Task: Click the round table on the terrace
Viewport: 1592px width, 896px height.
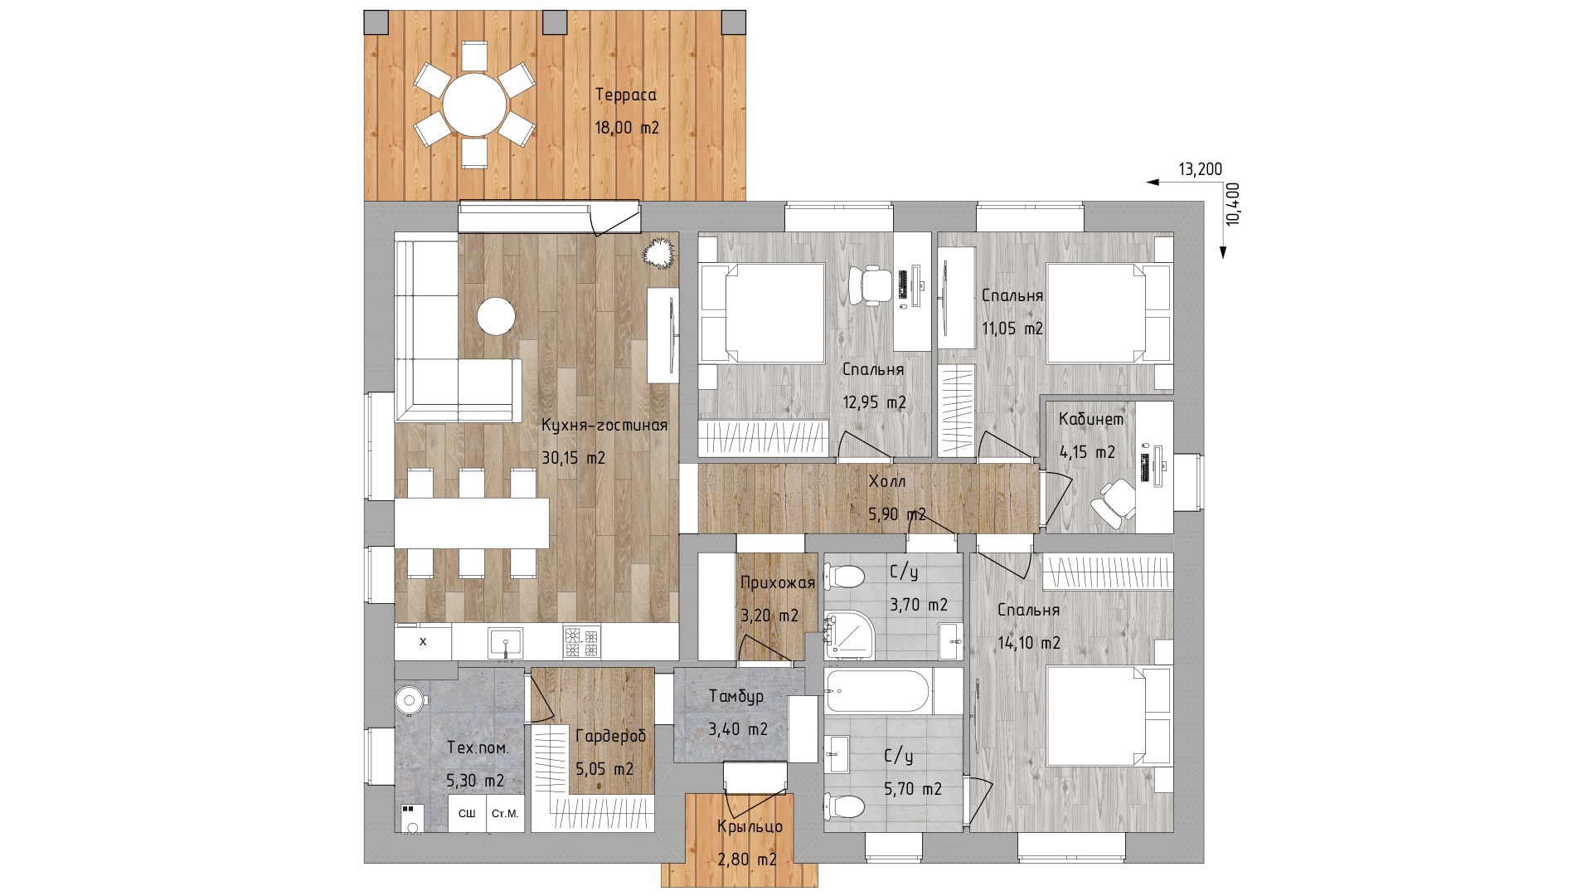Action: (x=475, y=105)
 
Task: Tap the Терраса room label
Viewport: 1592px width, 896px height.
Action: (x=626, y=95)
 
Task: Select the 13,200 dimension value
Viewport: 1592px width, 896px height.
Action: (x=1201, y=169)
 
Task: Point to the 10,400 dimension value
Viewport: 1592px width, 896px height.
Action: (x=1233, y=203)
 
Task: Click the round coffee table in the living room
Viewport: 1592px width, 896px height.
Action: (x=496, y=315)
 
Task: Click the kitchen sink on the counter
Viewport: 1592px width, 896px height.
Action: (x=506, y=643)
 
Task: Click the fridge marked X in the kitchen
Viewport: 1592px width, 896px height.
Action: (x=423, y=642)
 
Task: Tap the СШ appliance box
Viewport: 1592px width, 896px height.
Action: (x=467, y=814)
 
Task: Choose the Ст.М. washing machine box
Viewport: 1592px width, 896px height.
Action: (x=505, y=814)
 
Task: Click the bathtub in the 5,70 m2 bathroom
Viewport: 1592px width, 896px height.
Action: (x=878, y=692)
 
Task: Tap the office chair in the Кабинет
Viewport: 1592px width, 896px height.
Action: (x=1114, y=502)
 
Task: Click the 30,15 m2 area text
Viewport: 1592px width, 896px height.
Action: (x=574, y=458)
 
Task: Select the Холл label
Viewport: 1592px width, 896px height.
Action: (x=887, y=481)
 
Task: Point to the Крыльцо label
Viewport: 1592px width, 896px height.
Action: (x=750, y=827)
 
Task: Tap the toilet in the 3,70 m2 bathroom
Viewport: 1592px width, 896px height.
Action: (x=845, y=575)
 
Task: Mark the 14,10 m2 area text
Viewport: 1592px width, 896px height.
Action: (x=1028, y=643)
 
